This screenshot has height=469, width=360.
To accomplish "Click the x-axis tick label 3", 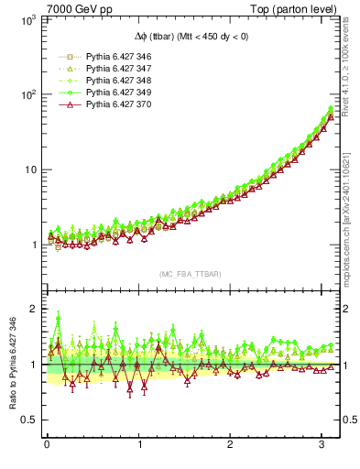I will coord(322,445).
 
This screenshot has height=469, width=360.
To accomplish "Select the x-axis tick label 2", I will coord(231,445).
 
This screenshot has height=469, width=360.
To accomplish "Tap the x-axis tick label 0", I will coord(48,445).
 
